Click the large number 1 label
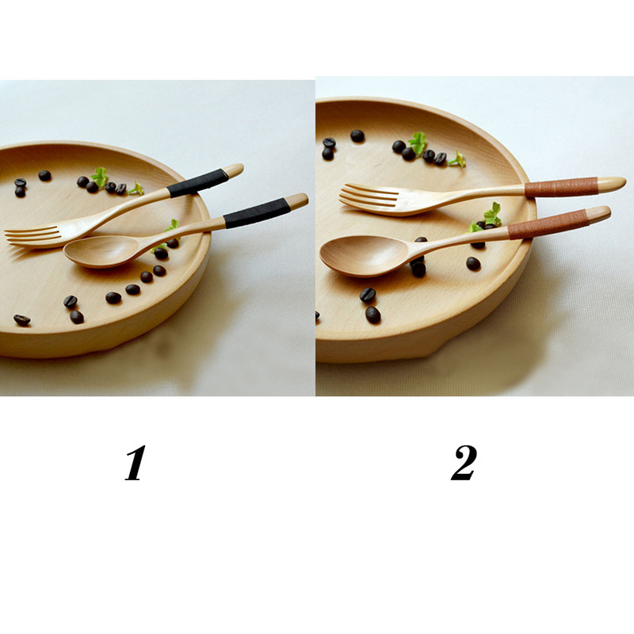[x=136, y=463]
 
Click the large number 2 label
[x=464, y=463]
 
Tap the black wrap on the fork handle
[x=198, y=183]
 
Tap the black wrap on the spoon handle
[x=257, y=213]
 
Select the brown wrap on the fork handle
[x=561, y=187]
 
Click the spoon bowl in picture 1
[x=101, y=251]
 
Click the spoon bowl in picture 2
[x=362, y=255]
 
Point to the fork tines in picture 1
[x=32, y=235]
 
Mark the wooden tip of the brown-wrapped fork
[x=611, y=184]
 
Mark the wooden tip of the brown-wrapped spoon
[x=598, y=214]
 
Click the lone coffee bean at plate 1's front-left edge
[x=22, y=320]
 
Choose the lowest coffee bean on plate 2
[x=372, y=315]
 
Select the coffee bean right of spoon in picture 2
[x=473, y=264]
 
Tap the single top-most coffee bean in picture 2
[x=357, y=136]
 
